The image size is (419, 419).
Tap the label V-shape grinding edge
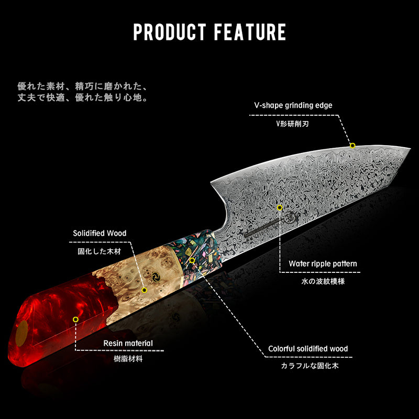point(293,105)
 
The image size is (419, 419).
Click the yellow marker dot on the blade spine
point(352,146)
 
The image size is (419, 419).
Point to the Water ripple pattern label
point(323,263)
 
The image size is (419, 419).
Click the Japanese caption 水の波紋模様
point(323,281)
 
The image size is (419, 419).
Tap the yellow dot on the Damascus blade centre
point(280,207)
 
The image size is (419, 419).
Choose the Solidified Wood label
point(100,233)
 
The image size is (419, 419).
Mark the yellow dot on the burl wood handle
point(144,289)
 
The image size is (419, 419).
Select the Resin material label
point(128,344)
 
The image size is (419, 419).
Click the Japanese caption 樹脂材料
point(128,359)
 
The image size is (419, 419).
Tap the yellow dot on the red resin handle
point(75,319)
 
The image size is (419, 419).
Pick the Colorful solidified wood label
point(308,348)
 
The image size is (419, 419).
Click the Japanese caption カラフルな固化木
point(308,366)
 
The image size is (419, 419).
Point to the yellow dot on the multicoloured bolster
point(192,260)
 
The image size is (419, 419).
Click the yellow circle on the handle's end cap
point(23,332)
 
